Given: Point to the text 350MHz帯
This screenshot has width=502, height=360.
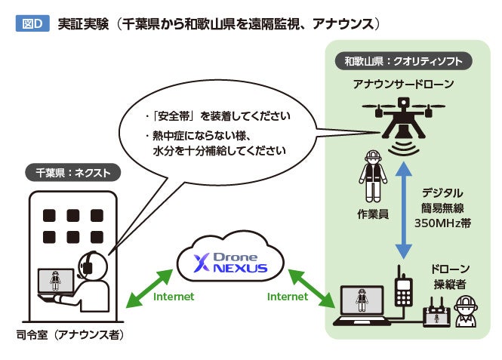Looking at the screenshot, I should [442, 223].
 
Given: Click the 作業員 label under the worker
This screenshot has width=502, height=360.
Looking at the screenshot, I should [372, 214].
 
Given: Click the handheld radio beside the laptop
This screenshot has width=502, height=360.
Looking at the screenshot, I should [403, 288].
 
